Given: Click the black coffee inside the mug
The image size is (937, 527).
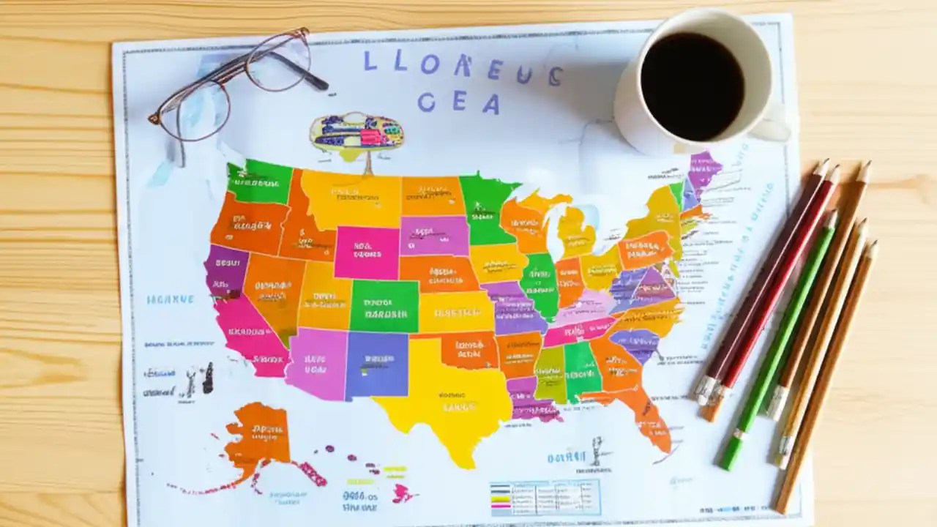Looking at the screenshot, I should tap(692, 86).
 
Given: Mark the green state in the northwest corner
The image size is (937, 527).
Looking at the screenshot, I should tap(260, 181).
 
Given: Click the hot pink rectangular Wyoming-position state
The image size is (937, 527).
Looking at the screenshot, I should tap(366, 252).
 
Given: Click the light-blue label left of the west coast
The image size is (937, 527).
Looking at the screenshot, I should tap(170, 299).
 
